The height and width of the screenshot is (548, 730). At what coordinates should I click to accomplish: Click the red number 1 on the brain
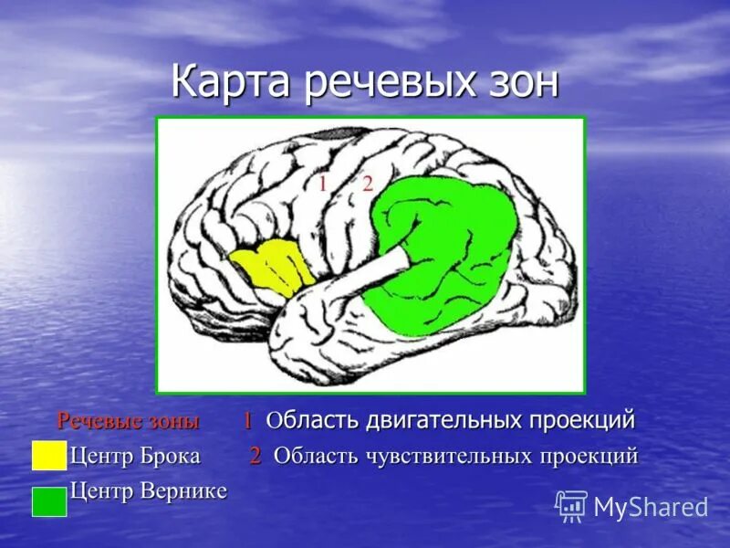click(322, 184)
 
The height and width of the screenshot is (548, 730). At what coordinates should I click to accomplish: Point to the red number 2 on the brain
click(368, 184)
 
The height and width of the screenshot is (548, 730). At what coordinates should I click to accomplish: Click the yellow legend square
click(48, 455)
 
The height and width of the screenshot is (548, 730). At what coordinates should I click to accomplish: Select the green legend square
click(48, 501)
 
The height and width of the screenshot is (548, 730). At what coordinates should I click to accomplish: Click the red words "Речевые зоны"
click(128, 421)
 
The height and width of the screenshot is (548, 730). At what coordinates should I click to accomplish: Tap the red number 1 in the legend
click(247, 421)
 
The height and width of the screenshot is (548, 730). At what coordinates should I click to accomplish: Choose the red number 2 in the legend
click(256, 456)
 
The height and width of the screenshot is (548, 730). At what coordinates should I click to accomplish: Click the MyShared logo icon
click(571, 506)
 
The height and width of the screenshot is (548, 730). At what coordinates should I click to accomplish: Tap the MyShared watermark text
click(651, 507)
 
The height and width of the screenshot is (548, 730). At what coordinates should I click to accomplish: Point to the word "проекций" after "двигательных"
click(581, 421)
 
